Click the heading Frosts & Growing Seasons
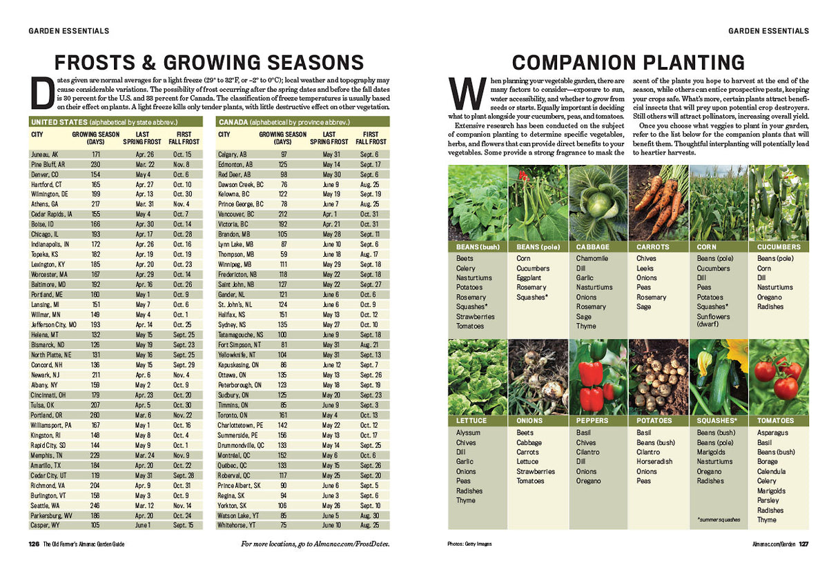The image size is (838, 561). (x=209, y=62)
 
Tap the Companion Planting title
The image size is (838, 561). (x=628, y=62)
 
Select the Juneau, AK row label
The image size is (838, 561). (x=45, y=154)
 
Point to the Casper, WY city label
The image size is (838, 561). (x=46, y=525)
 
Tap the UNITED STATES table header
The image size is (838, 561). (x=55, y=121)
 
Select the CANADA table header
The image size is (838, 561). (x=234, y=121)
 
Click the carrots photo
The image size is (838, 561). (x=658, y=203)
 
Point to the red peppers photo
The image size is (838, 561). (x=598, y=377)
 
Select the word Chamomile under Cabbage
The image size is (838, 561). (x=592, y=259)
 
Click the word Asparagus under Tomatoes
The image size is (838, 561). (x=772, y=433)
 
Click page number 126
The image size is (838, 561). (x=33, y=544)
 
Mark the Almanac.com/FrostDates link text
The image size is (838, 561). (x=356, y=544)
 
